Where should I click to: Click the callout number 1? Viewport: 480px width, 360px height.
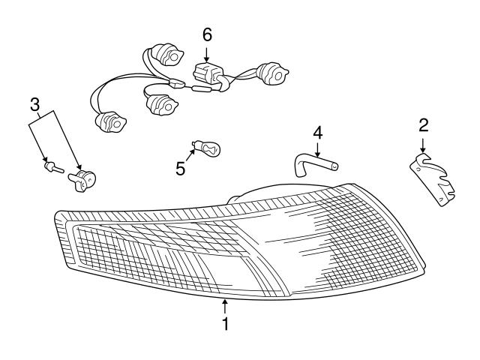pos(225,324)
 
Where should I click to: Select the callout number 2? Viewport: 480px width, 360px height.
pos(424,125)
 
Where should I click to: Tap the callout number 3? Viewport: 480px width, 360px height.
pos(35,104)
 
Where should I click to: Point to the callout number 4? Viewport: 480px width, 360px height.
pos(318,133)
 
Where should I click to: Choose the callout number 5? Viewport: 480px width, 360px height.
pos(181,169)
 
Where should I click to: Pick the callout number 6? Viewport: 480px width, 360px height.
pos(207,35)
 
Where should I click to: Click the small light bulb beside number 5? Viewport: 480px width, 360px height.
pos(206,148)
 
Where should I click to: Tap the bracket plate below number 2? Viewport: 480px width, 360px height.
pos(432,180)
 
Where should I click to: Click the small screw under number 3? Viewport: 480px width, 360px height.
pos(54,167)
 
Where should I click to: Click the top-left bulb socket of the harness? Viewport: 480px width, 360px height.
pos(167,55)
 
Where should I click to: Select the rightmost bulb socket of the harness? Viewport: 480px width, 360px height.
pos(272,73)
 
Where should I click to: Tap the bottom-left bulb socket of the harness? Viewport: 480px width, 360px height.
pos(111,121)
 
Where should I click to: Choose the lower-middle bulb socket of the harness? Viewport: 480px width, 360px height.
pos(162,105)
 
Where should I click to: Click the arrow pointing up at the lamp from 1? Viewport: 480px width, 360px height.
pos(225,307)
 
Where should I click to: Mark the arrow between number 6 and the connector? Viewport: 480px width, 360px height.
pos(207,54)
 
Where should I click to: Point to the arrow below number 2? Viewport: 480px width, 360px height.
pos(423,145)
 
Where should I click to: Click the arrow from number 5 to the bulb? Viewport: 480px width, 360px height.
pos(190,156)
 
